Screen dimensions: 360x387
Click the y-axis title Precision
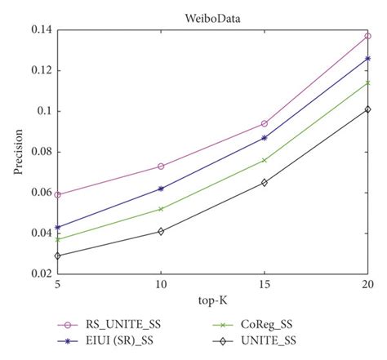click(x=19, y=152)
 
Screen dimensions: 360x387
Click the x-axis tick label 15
click(x=264, y=286)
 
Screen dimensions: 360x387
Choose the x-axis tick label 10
click(x=161, y=286)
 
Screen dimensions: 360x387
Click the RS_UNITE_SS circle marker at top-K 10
click(x=161, y=167)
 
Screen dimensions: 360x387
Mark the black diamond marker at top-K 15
click(x=264, y=183)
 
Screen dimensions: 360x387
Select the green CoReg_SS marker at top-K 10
click(x=161, y=209)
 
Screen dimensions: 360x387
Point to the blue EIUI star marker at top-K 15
click(x=264, y=138)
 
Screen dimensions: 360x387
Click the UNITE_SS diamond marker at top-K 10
click(x=161, y=232)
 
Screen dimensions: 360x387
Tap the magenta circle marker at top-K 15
click(x=264, y=123)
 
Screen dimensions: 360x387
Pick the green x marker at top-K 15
click(x=264, y=160)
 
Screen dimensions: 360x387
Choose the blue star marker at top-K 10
click(x=161, y=189)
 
